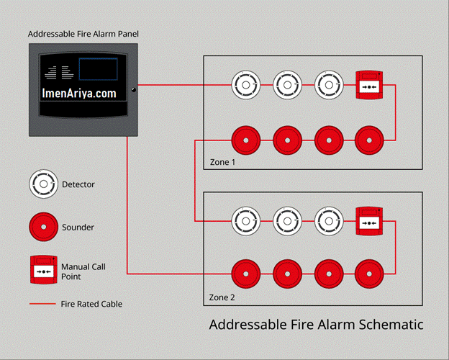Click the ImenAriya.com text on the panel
pyautogui.click(x=79, y=93)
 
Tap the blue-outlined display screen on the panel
pyautogui.click(x=98, y=69)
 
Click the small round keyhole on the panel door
pyautogui.click(x=133, y=90)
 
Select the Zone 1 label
pyautogui.click(x=222, y=162)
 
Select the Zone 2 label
pyautogui.click(x=222, y=297)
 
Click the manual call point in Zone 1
pyautogui.click(x=369, y=85)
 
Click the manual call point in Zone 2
pyautogui.click(x=369, y=221)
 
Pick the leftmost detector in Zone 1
pyautogui.click(x=245, y=85)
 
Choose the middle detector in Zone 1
pyautogui.click(x=287, y=85)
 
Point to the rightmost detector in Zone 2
pyautogui.click(x=329, y=221)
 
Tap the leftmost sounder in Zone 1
pyautogui.click(x=245, y=140)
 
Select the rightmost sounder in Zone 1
pyautogui.click(x=369, y=140)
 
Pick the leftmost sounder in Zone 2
pyautogui.click(x=245, y=274)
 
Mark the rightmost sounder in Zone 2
pyautogui.click(x=369, y=274)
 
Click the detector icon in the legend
pyautogui.click(x=43, y=184)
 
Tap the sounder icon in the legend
pyautogui.click(x=43, y=227)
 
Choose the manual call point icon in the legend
pyautogui.click(x=44, y=270)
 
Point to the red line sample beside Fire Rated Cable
pyautogui.click(x=42, y=304)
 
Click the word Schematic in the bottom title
pyautogui.click(x=391, y=325)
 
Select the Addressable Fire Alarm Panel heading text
pyautogui.click(x=83, y=34)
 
